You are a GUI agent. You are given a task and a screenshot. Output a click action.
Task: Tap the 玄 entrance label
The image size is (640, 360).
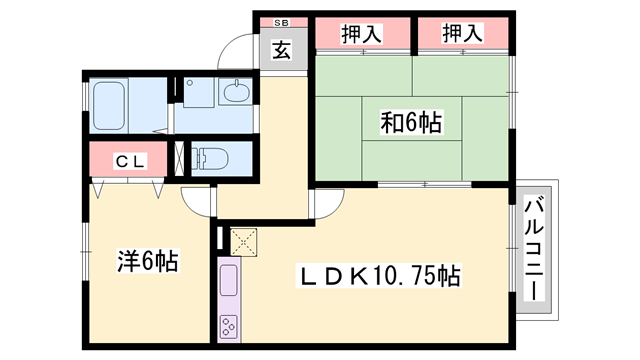click(283, 50)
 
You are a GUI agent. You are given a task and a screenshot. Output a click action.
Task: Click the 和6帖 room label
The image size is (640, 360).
click(411, 123)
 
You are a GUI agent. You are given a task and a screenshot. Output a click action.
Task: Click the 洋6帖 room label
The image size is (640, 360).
click(147, 261)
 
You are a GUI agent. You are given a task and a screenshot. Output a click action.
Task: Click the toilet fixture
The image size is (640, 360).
click(212, 158)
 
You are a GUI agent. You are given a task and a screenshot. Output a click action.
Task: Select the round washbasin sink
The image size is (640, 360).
click(238, 94)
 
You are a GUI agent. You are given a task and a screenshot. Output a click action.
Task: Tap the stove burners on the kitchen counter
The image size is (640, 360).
click(227, 326)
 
